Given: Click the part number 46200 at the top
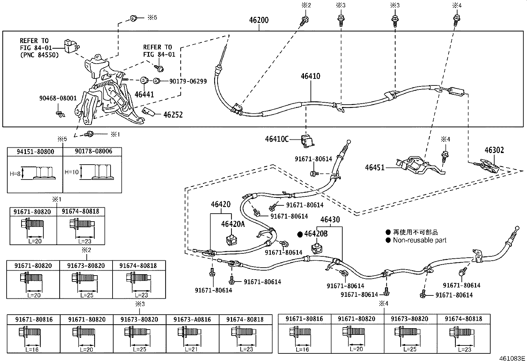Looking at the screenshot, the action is [259, 20].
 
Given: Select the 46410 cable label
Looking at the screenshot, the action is [310, 76].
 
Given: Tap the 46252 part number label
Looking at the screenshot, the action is [173, 115].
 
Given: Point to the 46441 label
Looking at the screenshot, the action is [144, 94].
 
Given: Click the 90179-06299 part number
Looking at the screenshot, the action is [188, 81].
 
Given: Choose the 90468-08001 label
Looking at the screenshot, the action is [58, 98].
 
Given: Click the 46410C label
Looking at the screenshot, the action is [277, 139].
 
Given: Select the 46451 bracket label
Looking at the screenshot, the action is [374, 167].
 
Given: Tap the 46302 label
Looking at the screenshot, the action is [494, 150].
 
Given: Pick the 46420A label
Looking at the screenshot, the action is [233, 224].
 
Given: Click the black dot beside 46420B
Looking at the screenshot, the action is [300, 234].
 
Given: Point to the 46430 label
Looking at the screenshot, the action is [330, 220].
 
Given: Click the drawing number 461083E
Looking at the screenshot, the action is [512, 358].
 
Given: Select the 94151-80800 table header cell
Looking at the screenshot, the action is [35, 152].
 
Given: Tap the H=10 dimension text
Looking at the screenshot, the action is [72, 172].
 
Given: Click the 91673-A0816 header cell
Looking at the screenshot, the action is [192, 320].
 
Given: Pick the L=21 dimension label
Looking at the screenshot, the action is [191, 349].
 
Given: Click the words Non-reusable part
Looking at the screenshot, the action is [419, 240].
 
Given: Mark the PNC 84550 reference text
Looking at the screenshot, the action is [39, 55].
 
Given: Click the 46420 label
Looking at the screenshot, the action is [220, 204].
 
